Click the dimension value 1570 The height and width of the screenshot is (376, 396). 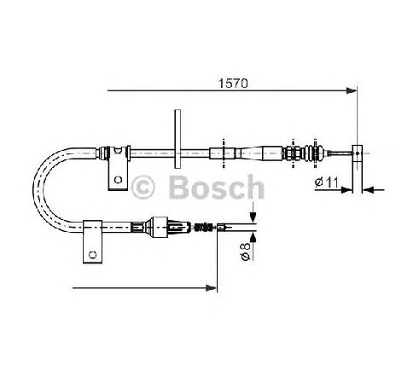tap(233, 84)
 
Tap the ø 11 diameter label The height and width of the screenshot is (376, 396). tap(326, 182)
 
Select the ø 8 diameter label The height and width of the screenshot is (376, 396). tap(245, 252)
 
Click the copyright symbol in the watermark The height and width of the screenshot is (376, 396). tap(143, 188)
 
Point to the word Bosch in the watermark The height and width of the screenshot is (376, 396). tap(217, 187)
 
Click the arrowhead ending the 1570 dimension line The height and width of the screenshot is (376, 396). tap(352, 90)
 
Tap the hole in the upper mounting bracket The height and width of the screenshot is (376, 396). tap(118, 180)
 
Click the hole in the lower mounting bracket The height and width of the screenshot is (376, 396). tap(92, 255)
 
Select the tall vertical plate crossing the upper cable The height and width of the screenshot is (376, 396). tap(178, 139)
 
